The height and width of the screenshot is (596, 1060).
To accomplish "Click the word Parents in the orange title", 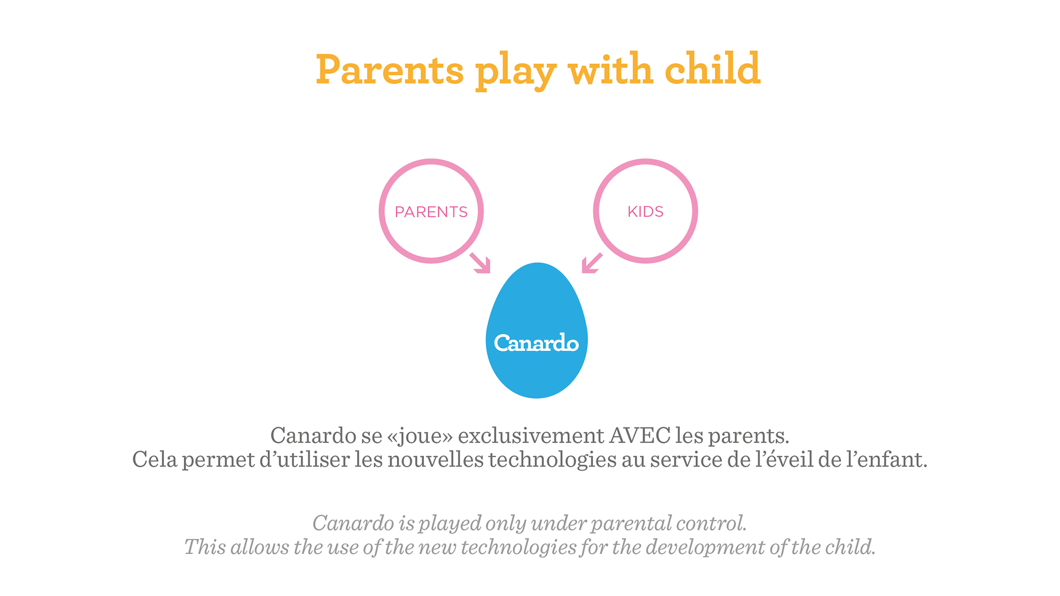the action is coord(390,70).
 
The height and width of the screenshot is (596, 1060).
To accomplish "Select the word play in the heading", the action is coord(516,71).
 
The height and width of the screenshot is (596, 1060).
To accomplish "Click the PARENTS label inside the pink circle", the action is coord(431,212).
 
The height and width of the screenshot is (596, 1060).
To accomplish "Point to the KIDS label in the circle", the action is coord(645,212).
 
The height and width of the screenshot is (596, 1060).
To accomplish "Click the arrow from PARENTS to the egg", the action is coord(480,263).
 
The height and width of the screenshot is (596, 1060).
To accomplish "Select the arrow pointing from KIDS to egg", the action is coord(592,263).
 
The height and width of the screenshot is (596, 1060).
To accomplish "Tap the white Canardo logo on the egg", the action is coord(536,343).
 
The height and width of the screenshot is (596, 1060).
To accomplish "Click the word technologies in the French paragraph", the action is coord(553,460).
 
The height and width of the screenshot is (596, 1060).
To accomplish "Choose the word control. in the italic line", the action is coord(712,523).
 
